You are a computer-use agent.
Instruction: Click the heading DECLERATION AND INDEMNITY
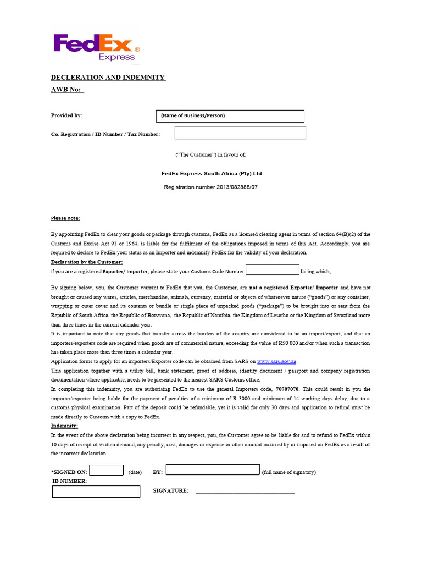click(x=108, y=78)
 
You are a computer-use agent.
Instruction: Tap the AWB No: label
click(x=67, y=90)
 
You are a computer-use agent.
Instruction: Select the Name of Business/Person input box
click(x=230, y=116)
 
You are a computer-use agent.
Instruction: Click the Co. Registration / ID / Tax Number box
click(x=240, y=133)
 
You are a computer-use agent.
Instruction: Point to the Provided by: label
click(x=66, y=115)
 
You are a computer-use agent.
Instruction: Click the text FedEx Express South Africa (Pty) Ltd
click(x=212, y=173)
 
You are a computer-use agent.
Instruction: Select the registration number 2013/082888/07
click(x=211, y=187)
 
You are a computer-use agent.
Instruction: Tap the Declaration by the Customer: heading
click(x=87, y=262)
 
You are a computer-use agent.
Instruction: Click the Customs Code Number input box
click(x=272, y=270)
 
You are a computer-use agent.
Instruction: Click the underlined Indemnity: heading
click(x=65, y=426)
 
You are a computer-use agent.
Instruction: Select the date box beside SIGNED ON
click(x=106, y=470)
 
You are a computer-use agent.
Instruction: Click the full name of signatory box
click(x=213, y=470)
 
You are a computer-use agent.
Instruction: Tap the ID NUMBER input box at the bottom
click(x=96, y=492)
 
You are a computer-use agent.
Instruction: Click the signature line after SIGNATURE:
click(x=245, y=491)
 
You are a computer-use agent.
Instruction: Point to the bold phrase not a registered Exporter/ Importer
click(x=294, y=288)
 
